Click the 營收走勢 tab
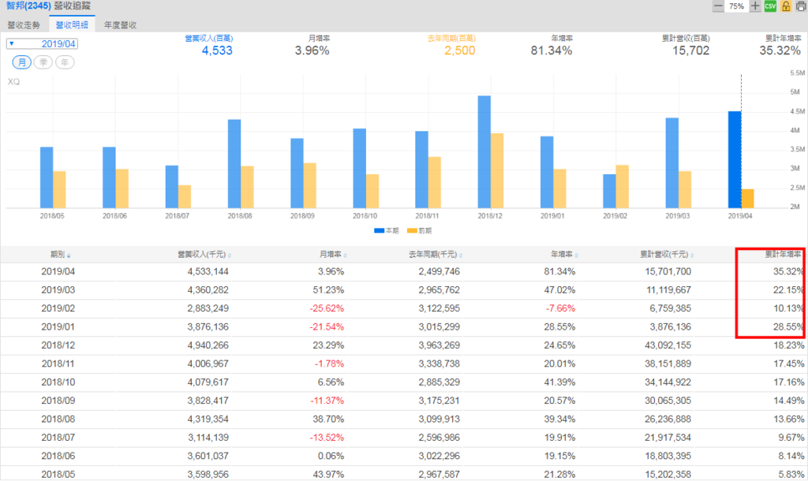24,25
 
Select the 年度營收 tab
121,25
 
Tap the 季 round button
43,62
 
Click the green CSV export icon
770,6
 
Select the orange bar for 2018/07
185,196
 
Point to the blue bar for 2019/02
609,191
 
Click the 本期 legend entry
387,230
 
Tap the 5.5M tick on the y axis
795,73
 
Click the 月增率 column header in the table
330,255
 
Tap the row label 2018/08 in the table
58,419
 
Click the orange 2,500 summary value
458,51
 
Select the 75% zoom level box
736,6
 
